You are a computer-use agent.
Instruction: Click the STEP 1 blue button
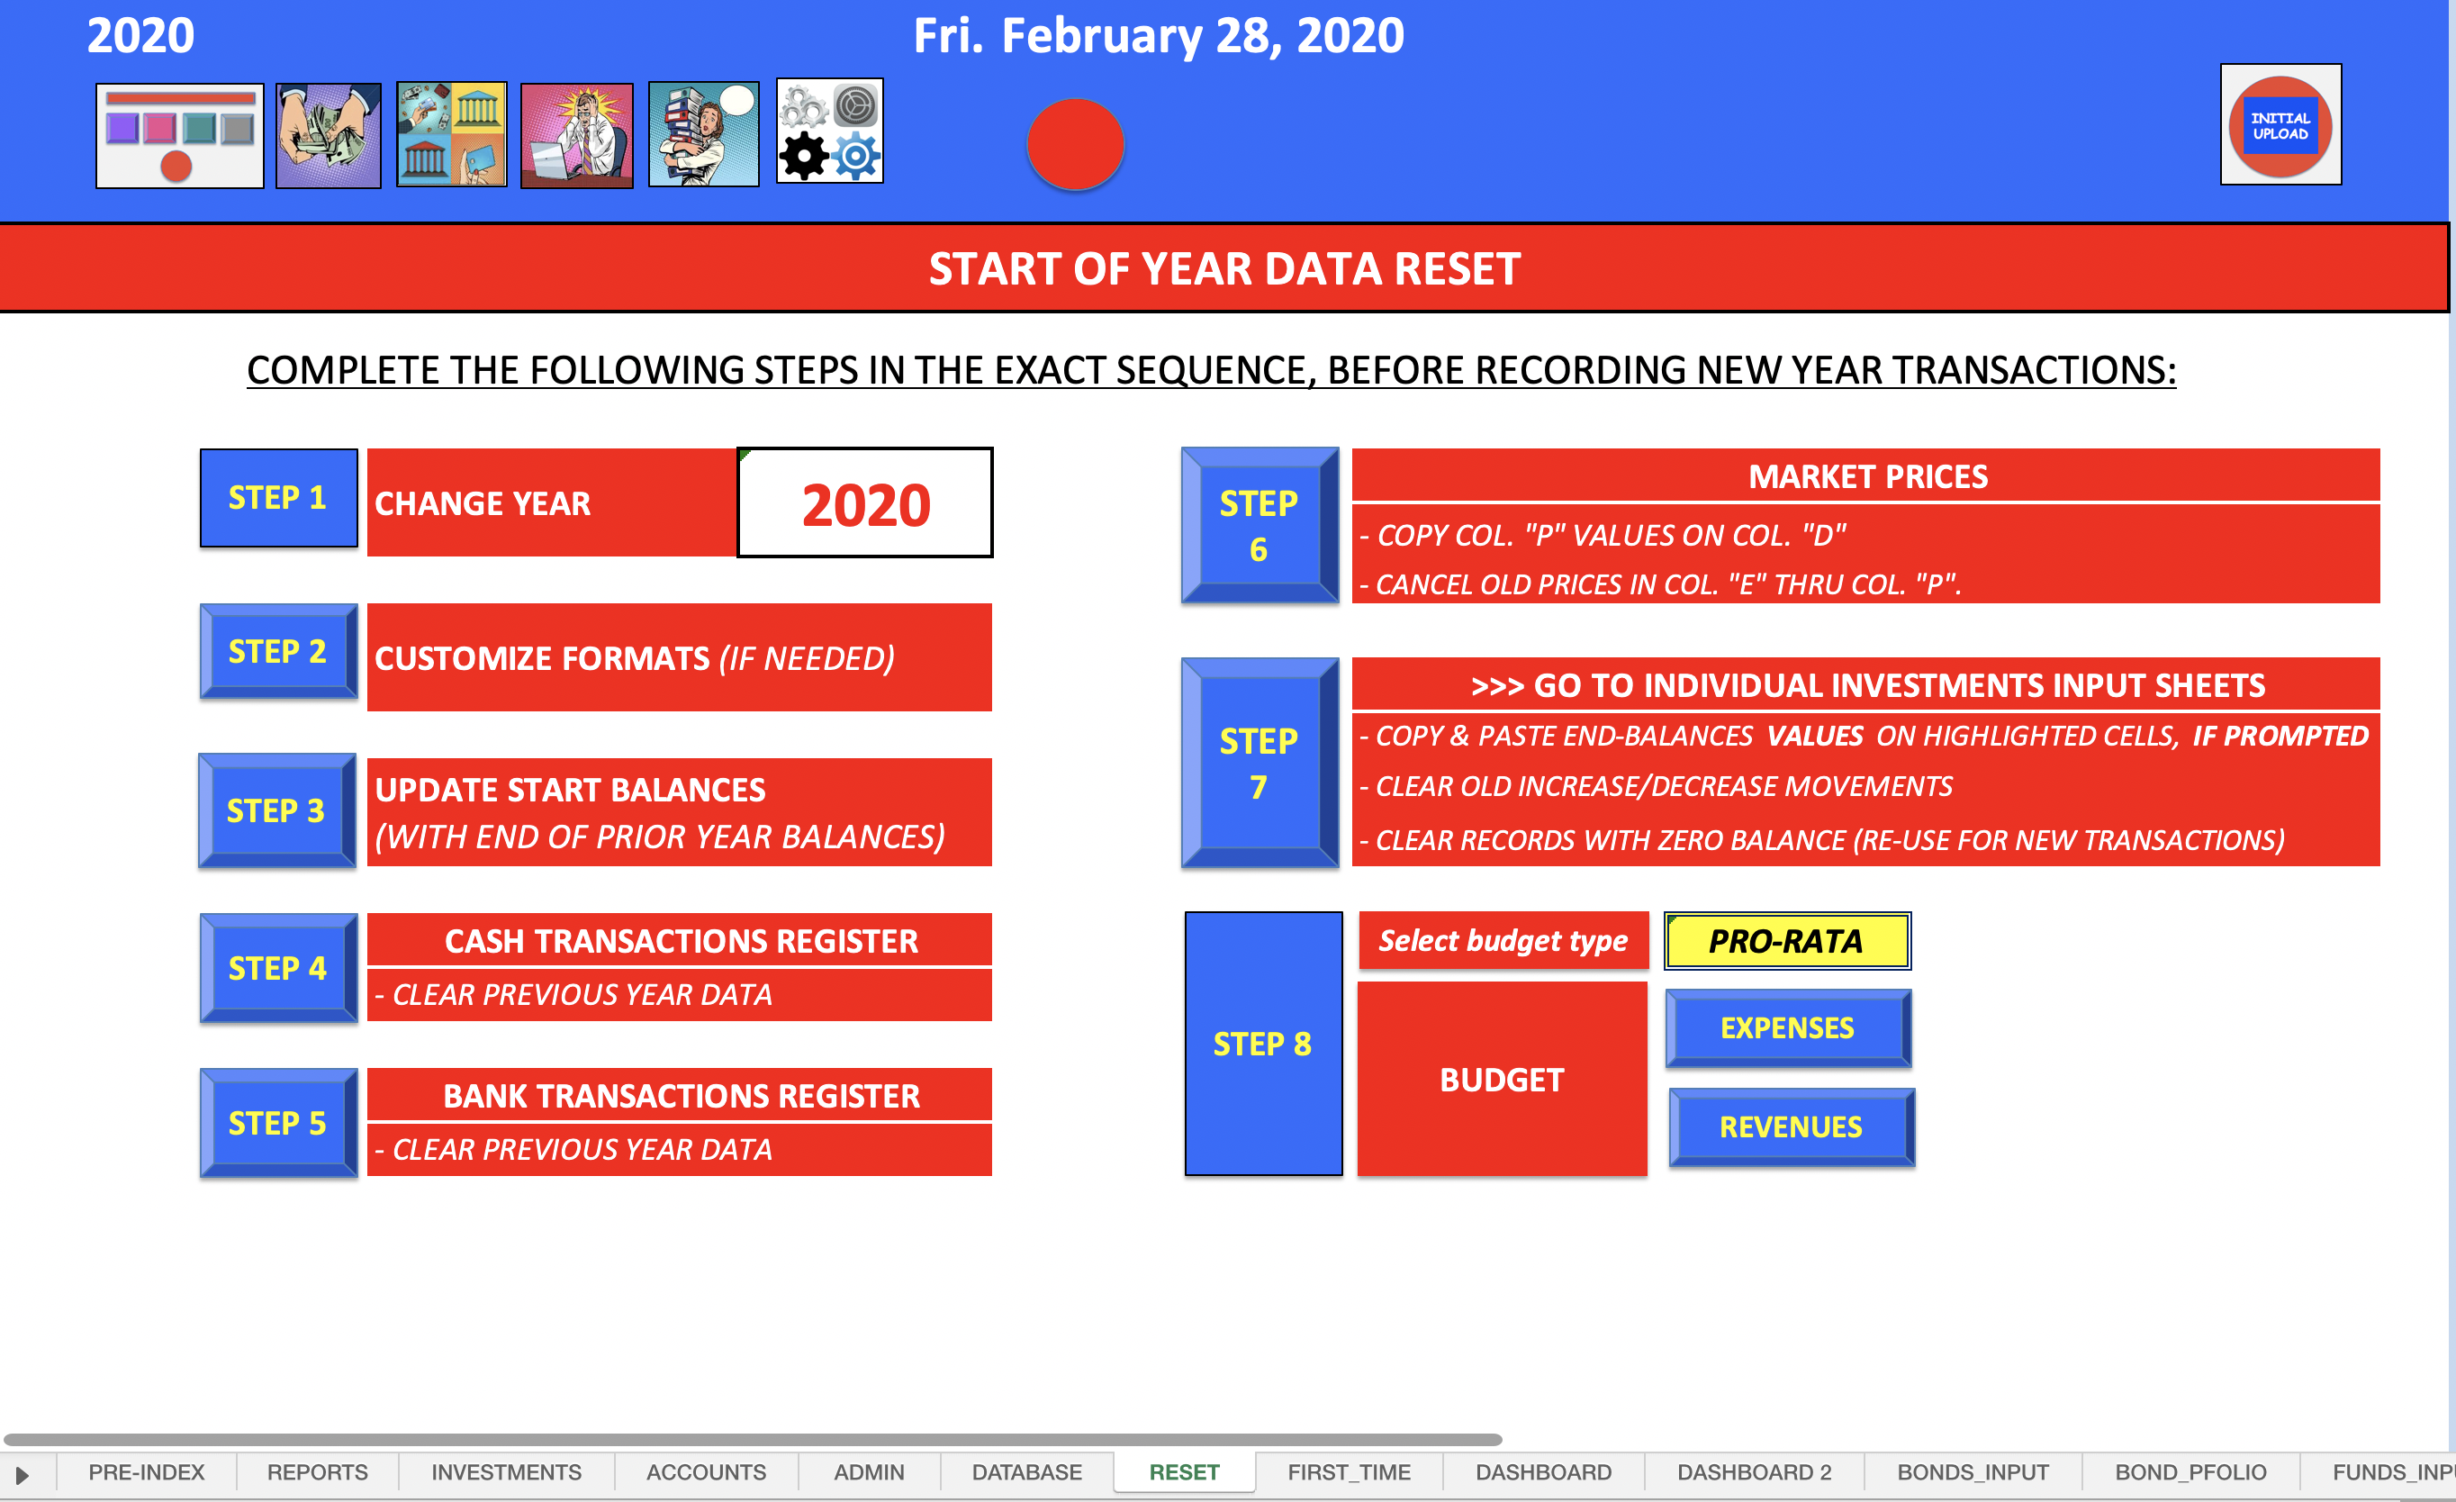pyautogui.click(x=278, y=498)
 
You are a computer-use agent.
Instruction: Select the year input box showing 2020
pyautogui.click(x=865, y=503)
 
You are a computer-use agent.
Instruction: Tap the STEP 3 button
pyautogui.click(x=277, y=810)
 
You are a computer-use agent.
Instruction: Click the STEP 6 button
pyautogui.click(x=1260, y=525)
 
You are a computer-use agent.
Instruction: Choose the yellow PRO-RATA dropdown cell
pyautogui.click(x=1787, y=941)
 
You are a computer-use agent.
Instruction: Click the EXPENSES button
pyautogui.click(x=1788, y=1027)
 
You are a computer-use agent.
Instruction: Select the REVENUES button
pyautogui.click(x=1792, y=1127)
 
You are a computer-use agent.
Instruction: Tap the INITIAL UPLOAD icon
pyautogui.click(x=2280, y=125)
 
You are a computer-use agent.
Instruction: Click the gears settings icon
pyautogui.click(x=829, y=131)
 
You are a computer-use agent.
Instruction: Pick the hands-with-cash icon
pyautogui.click(x=328, y=136)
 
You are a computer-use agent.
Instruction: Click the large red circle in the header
pyautogui.click(x=1076, y=144)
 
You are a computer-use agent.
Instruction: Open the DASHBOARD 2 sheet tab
pyautogui.click(x=1755, y=1472)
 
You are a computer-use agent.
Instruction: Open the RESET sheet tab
pyautogui.click(x=1184, y=1472)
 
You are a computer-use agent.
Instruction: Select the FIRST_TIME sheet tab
pyautogui.click(x=1349, y=1472)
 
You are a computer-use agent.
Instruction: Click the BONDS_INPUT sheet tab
pyautogui.click(x=1973, y=1472)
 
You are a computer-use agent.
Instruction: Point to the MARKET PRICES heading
pyautogui.click(x=1868, y=476)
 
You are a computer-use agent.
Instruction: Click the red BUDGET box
pyautogui.click(x=1502, y=1080)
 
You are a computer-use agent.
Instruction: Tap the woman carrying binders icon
pyautogui.click(x=704, y=134)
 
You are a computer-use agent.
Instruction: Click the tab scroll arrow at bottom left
pyautogui.click(x=22, y=1474)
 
